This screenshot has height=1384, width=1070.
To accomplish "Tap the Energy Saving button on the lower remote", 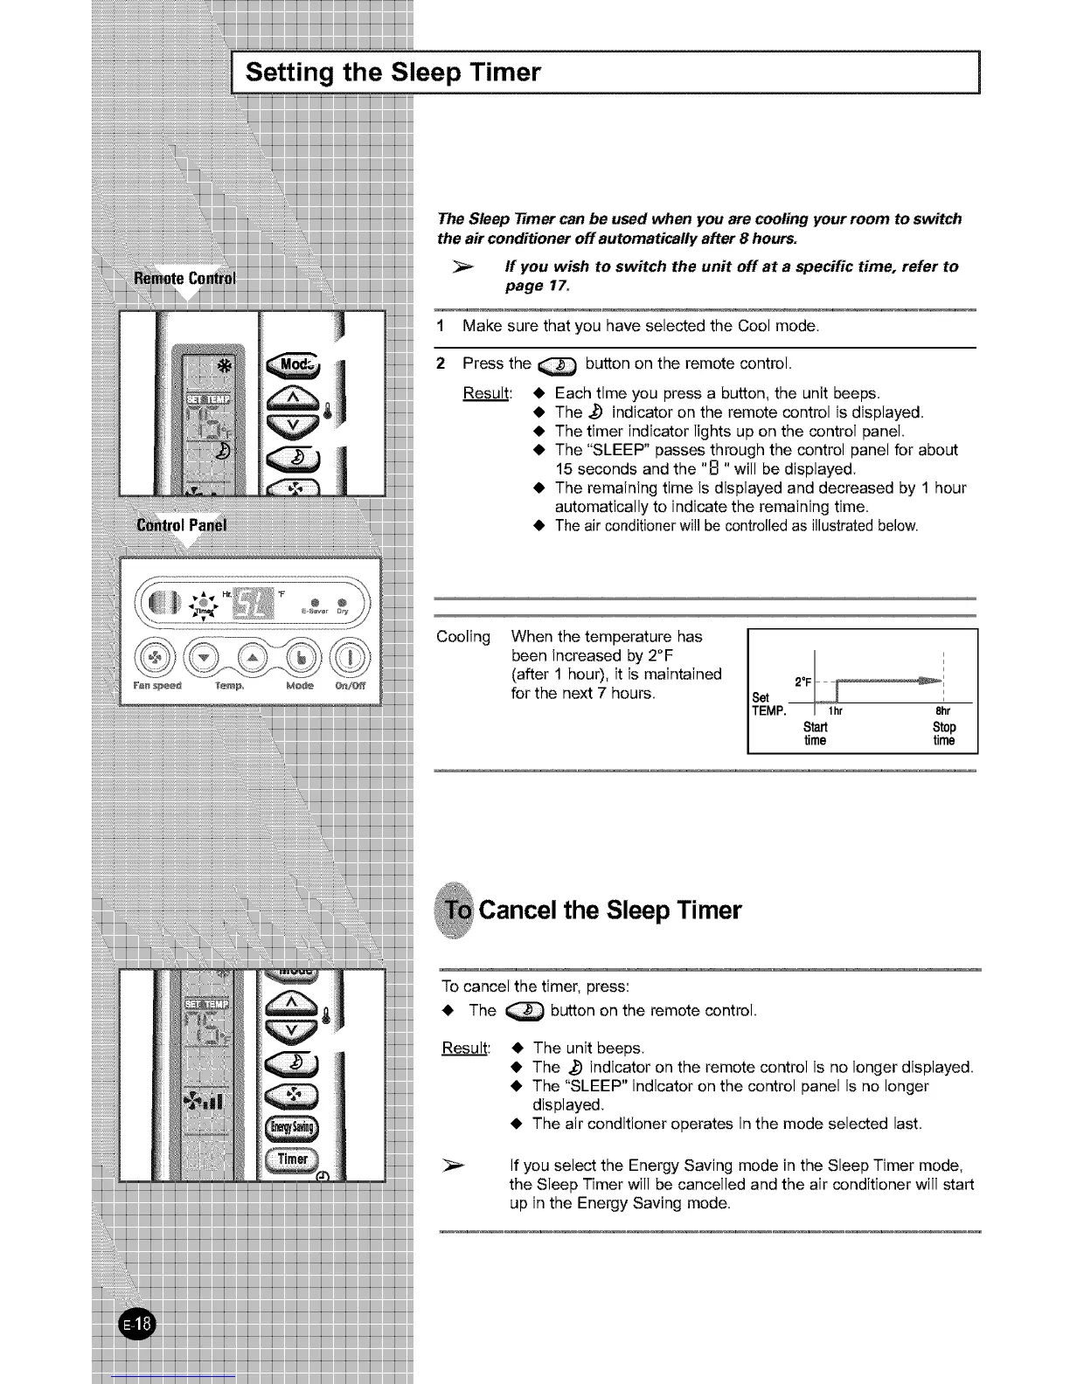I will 293,1127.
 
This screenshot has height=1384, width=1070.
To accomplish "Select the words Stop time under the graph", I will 944,734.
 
